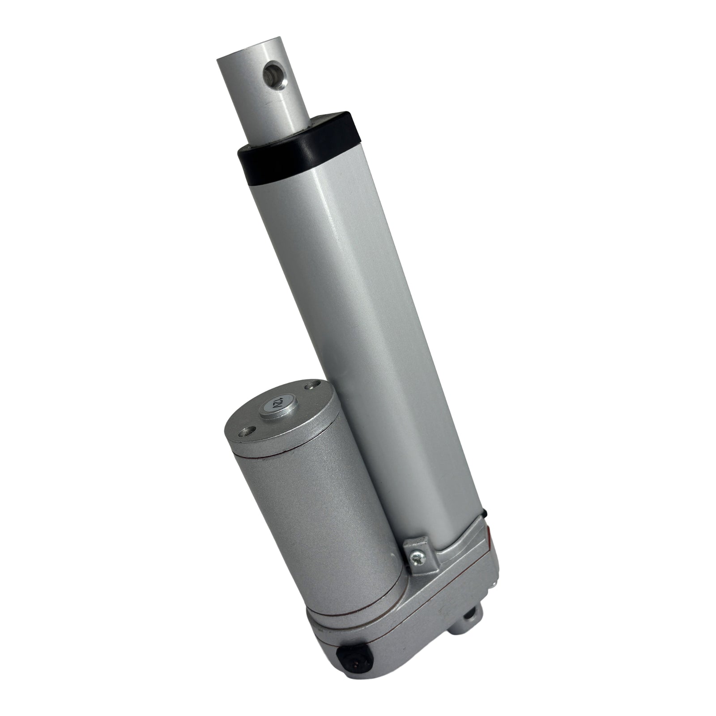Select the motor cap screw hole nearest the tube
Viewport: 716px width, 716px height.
[310, 385]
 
